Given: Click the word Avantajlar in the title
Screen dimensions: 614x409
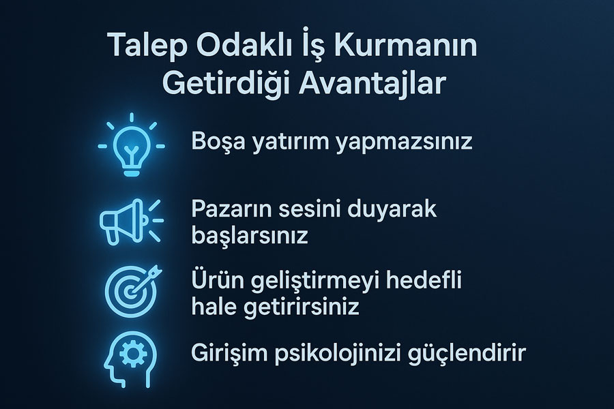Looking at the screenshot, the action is [372, 82].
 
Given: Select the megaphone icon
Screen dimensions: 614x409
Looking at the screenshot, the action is [131, 222].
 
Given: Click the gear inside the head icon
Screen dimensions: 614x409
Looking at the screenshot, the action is [131, 354].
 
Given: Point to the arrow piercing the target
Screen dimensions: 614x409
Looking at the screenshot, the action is [145, 279].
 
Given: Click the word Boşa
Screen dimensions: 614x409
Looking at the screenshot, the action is [216, 142].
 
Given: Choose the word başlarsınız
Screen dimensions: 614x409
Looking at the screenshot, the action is [250, 234].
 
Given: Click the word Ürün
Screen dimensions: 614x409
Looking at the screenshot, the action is [216, 280].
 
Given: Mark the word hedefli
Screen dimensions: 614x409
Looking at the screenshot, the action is [424, 281].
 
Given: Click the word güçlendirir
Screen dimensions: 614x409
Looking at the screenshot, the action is [467, 353].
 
